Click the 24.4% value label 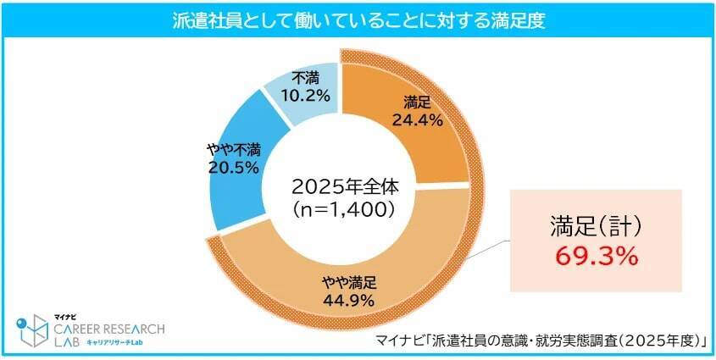(x=418, y=120)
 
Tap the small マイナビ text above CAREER (x=67, y=315)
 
